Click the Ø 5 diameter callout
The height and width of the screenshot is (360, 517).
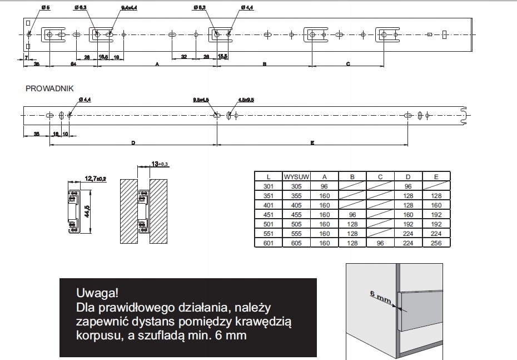46,8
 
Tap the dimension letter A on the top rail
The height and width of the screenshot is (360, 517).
157,65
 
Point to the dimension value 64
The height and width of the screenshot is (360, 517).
73,65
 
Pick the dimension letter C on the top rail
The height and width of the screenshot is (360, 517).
348,65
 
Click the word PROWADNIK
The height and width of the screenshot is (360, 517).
49,88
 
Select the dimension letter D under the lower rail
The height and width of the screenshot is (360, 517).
133,143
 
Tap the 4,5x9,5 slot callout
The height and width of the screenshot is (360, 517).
246,100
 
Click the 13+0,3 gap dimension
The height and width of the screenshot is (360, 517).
159,164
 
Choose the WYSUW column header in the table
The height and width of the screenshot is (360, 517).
296,177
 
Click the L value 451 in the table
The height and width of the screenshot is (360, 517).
268,214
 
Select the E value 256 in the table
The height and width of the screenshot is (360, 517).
436,243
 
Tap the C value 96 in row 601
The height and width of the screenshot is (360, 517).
381,243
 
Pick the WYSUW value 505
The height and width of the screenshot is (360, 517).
296,224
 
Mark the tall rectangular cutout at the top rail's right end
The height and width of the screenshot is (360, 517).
445,34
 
